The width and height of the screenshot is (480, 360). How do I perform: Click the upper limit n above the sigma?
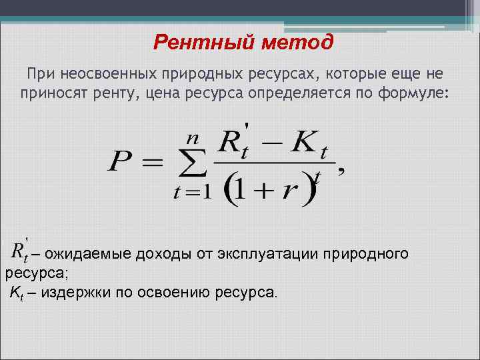tap(193, 139)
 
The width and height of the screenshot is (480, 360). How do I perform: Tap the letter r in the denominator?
tap(289, 190)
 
